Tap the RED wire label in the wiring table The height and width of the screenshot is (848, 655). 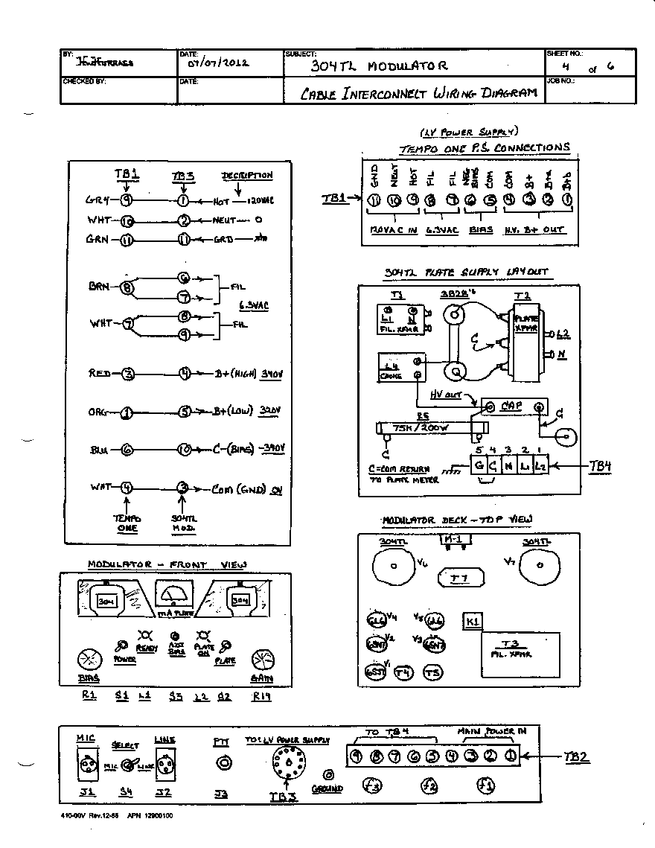100,373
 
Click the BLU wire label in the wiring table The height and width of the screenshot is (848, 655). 99,449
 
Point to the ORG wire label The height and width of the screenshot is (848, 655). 99,411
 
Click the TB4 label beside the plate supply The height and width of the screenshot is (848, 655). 599,467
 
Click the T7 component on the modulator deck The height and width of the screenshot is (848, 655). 458,577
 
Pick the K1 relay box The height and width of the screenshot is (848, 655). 472,621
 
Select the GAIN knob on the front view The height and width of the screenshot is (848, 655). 263,660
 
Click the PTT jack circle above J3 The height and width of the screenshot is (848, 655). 222,763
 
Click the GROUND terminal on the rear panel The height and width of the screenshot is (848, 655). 327,774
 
